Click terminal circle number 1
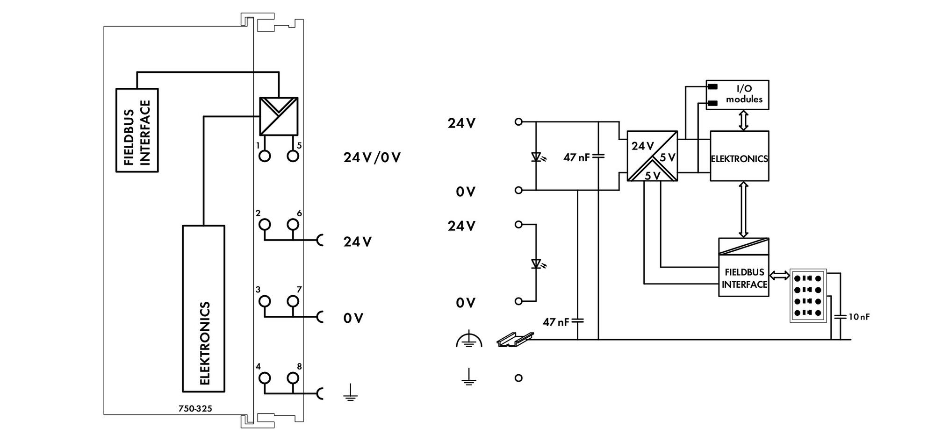265,156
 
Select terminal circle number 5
293,156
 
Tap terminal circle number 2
265,225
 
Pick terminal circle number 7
293,301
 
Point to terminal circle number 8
293,378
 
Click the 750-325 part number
195,409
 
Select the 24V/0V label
372,157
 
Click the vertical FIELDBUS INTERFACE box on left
137,130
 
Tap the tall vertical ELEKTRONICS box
203,308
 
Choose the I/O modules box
737,95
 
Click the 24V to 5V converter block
652,156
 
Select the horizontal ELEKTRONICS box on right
740,156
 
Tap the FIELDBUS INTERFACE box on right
744,267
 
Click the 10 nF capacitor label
859,317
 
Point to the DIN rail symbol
515,340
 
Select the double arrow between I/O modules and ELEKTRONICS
743,121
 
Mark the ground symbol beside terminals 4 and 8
351,393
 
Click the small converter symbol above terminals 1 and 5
279,116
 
